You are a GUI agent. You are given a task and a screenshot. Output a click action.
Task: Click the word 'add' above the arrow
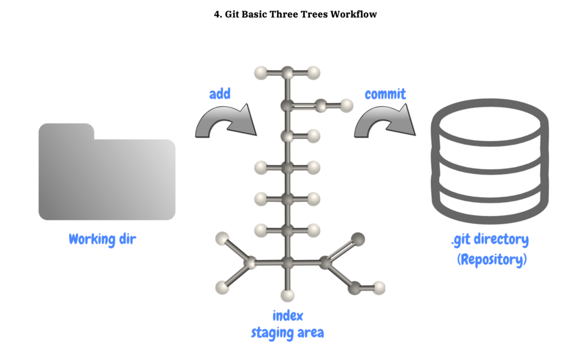(x=220, y=94)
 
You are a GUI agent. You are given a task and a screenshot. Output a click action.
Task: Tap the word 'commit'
(x=385, y=94)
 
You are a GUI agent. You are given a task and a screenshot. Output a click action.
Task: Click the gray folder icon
(x=107, y=172)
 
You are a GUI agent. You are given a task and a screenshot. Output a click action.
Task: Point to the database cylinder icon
(x=490, y=161)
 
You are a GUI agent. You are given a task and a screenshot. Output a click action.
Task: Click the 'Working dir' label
(x=102, y=239)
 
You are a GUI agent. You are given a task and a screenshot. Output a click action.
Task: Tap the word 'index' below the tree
(x=288, y=316)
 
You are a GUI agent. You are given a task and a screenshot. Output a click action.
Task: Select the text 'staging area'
(x=288, y=333)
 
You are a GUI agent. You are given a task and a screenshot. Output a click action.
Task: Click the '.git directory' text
(x=490, y=240)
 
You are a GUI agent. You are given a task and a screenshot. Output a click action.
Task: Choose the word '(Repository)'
(x=492, y=260)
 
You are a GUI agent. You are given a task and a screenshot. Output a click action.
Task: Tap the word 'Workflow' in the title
(x=354, y=14)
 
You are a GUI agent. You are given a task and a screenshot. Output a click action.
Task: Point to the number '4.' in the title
(x=218, y=14)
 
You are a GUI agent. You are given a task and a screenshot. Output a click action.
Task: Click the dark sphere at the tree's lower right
(x=358, y=239)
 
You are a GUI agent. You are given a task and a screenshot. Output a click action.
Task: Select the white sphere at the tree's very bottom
(x=288, y=296)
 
